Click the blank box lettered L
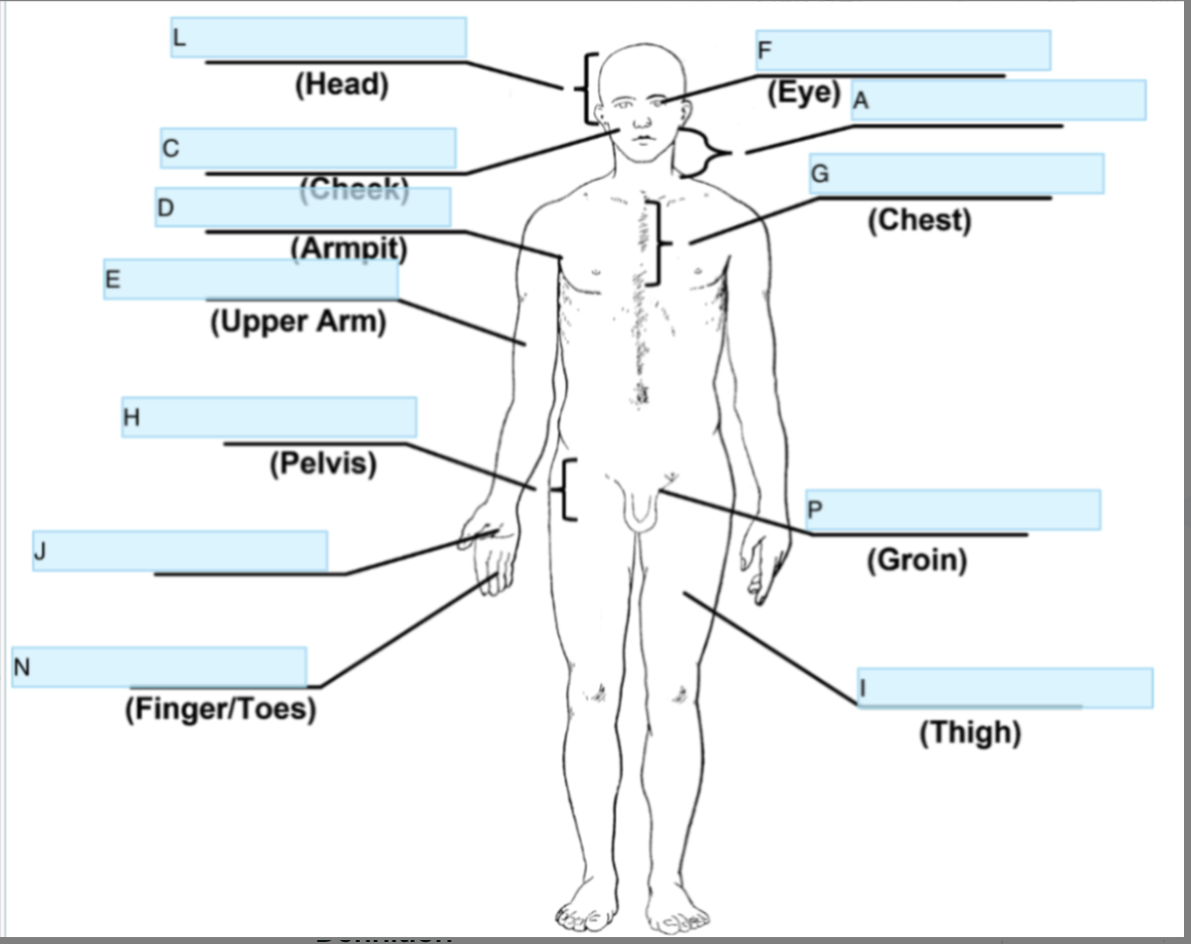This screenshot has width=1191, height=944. (x=318, y=38)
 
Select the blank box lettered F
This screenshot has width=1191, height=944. (x=902, y=50)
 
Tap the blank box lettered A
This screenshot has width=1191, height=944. (x=998, y=100)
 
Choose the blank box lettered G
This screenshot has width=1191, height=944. (x=956, y=174)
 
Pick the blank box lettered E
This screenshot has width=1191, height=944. (x=251, y=279)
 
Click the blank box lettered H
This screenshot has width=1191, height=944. (x=269, y=417)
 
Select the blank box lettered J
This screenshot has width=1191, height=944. (x=180, y=551)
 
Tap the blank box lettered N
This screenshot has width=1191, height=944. (x=159, y=667)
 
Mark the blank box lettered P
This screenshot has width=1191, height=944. (x=952, y=510)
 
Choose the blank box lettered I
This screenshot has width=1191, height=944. (x=1004, y=688)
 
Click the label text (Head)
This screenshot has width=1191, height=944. (x=342, y=85)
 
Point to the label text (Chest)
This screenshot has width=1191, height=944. (x=919, y=220)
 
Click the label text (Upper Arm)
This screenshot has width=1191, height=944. (x=298, y=323)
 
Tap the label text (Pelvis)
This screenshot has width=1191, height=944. (x=323, y=464)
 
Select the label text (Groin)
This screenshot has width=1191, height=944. (x=917, y=559)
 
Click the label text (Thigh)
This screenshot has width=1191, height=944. (x=970, y=733)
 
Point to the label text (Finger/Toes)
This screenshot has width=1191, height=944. (x=221, y=709)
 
